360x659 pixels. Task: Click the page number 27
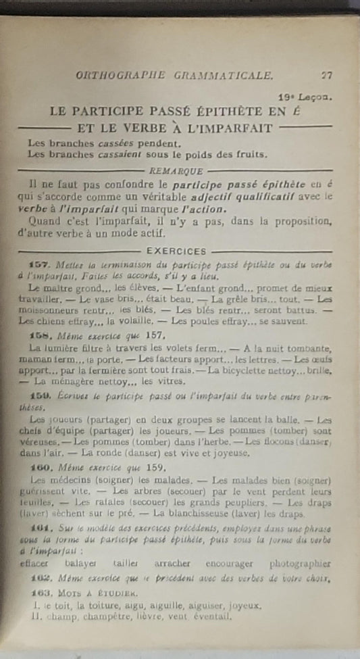pos(327,76)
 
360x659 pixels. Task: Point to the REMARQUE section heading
pos(174,172)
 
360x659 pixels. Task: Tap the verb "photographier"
pos(299,563)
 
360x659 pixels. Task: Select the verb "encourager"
pos(230,563)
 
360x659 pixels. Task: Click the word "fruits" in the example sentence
pos(247,154)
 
